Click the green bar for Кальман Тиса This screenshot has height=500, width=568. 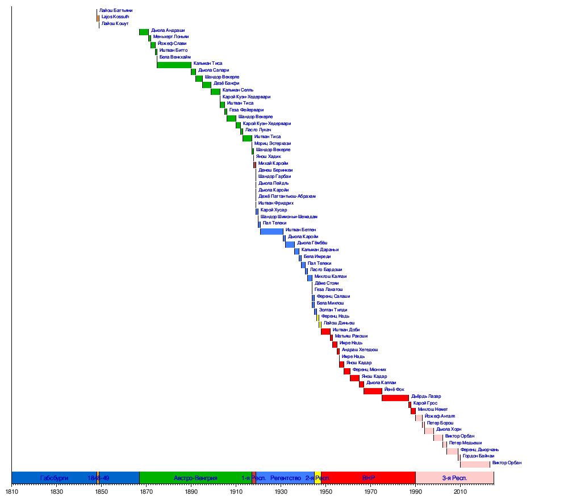(x=174, y=65)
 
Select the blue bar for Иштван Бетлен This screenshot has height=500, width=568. (x=272, y=231)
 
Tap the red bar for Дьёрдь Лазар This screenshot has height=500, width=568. (x=395, y=398)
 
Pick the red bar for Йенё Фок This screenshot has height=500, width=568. (x=373, y=391)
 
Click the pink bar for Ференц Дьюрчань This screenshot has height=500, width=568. (x=452, y=451)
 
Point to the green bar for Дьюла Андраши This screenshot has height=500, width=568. (x=144, y=32)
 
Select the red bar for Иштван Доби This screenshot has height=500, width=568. (x=325, y=331)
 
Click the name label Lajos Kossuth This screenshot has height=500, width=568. (x=115, y=17)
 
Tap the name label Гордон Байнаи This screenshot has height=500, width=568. (x=478, y=456)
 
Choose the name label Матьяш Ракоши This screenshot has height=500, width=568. (x=351, y=336)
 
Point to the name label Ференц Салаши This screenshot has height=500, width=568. (x=333, y=296)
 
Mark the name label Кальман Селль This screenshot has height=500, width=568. (x=238, y=90)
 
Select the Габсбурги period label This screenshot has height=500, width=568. (x=54, y=478)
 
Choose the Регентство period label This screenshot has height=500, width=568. (x=285, y=478)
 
